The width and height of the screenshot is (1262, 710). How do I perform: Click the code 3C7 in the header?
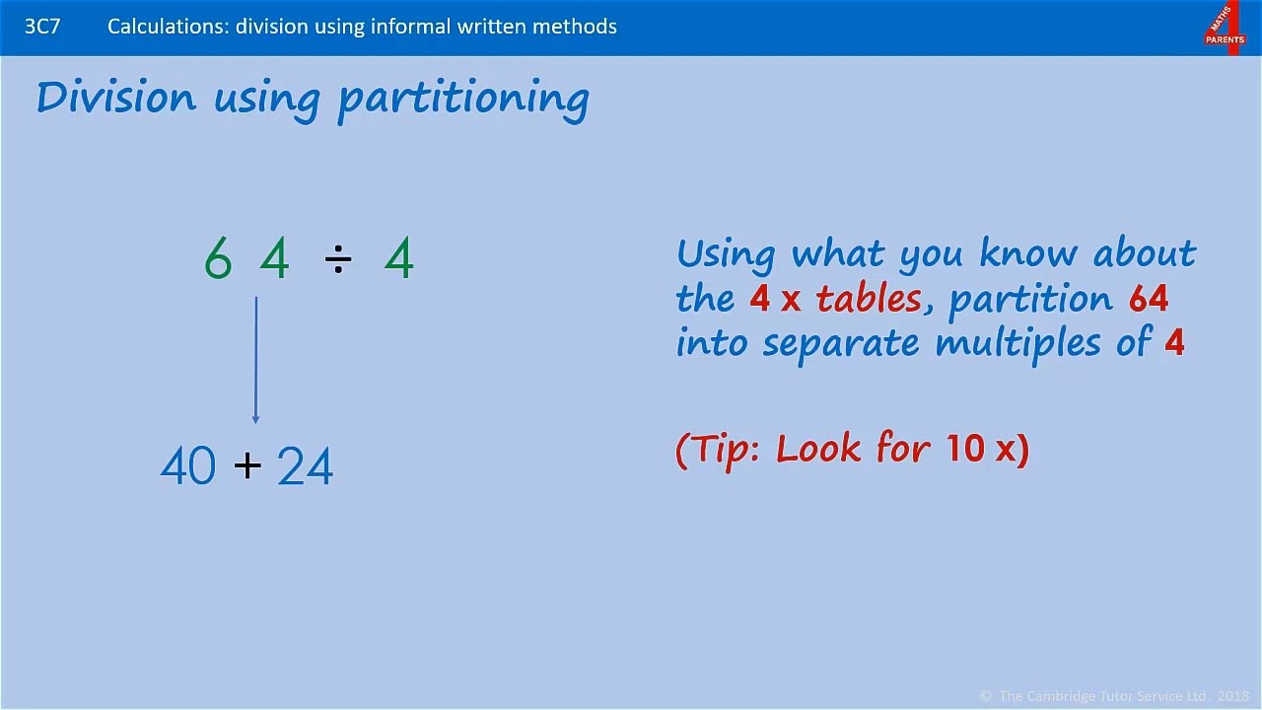(42, 27)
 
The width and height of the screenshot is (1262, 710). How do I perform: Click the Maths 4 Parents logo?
(1225, 28)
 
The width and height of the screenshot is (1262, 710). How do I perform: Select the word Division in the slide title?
(116, 98)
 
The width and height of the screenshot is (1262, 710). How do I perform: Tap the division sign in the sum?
(337, 260)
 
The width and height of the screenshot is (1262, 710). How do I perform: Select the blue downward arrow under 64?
(255, 360)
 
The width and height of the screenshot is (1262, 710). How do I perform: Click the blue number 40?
(187, 466)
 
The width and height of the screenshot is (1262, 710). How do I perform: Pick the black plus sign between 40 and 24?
(247, 465)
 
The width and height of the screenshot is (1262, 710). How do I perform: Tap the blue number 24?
(305, 466)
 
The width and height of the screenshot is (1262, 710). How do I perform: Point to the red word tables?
(869, 299)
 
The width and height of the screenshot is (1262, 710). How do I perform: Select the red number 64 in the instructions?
(1149, 299)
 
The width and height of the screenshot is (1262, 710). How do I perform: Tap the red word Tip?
(726, 450)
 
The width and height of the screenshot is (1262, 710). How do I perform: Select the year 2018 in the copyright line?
(1233, 696)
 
